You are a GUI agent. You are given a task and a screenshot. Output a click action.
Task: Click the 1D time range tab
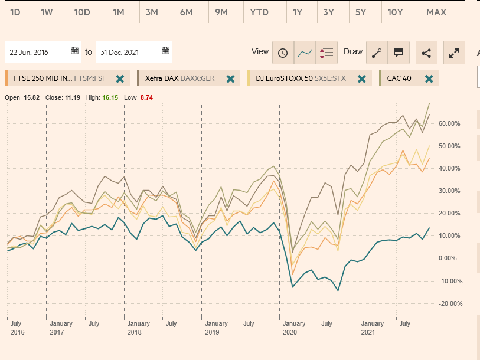[x=15, y=12]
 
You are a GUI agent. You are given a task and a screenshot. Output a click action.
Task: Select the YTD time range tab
[x=259, y=12]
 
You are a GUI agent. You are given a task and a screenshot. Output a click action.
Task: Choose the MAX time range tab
[x=436, y=12]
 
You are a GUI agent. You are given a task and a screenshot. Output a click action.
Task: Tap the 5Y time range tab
[x=360, y=12]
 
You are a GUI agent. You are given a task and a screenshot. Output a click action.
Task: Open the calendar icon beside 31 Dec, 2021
[x=166, y=51]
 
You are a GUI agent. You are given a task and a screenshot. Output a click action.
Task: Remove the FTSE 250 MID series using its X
[x=120, y=78]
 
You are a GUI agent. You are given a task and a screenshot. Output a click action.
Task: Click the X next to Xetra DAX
[x=230, y=78]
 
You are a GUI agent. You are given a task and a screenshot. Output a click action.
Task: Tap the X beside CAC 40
[x=429, y=78]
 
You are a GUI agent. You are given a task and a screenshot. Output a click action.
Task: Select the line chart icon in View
[x=305, y=53]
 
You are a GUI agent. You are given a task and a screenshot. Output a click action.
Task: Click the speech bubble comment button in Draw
[x=399, y=53]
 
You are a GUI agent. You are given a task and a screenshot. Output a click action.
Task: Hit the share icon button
[x=426, y=53]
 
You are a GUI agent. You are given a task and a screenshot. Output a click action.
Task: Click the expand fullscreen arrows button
[x=454, y=53]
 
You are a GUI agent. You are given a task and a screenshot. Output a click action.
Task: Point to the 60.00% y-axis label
[x=450, y=124]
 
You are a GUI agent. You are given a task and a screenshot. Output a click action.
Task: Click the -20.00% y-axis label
[x=449, y=303]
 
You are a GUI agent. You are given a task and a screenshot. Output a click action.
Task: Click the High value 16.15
[x=110, y=97]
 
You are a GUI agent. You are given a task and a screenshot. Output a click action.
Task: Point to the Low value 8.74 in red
[x=146, y=97]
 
